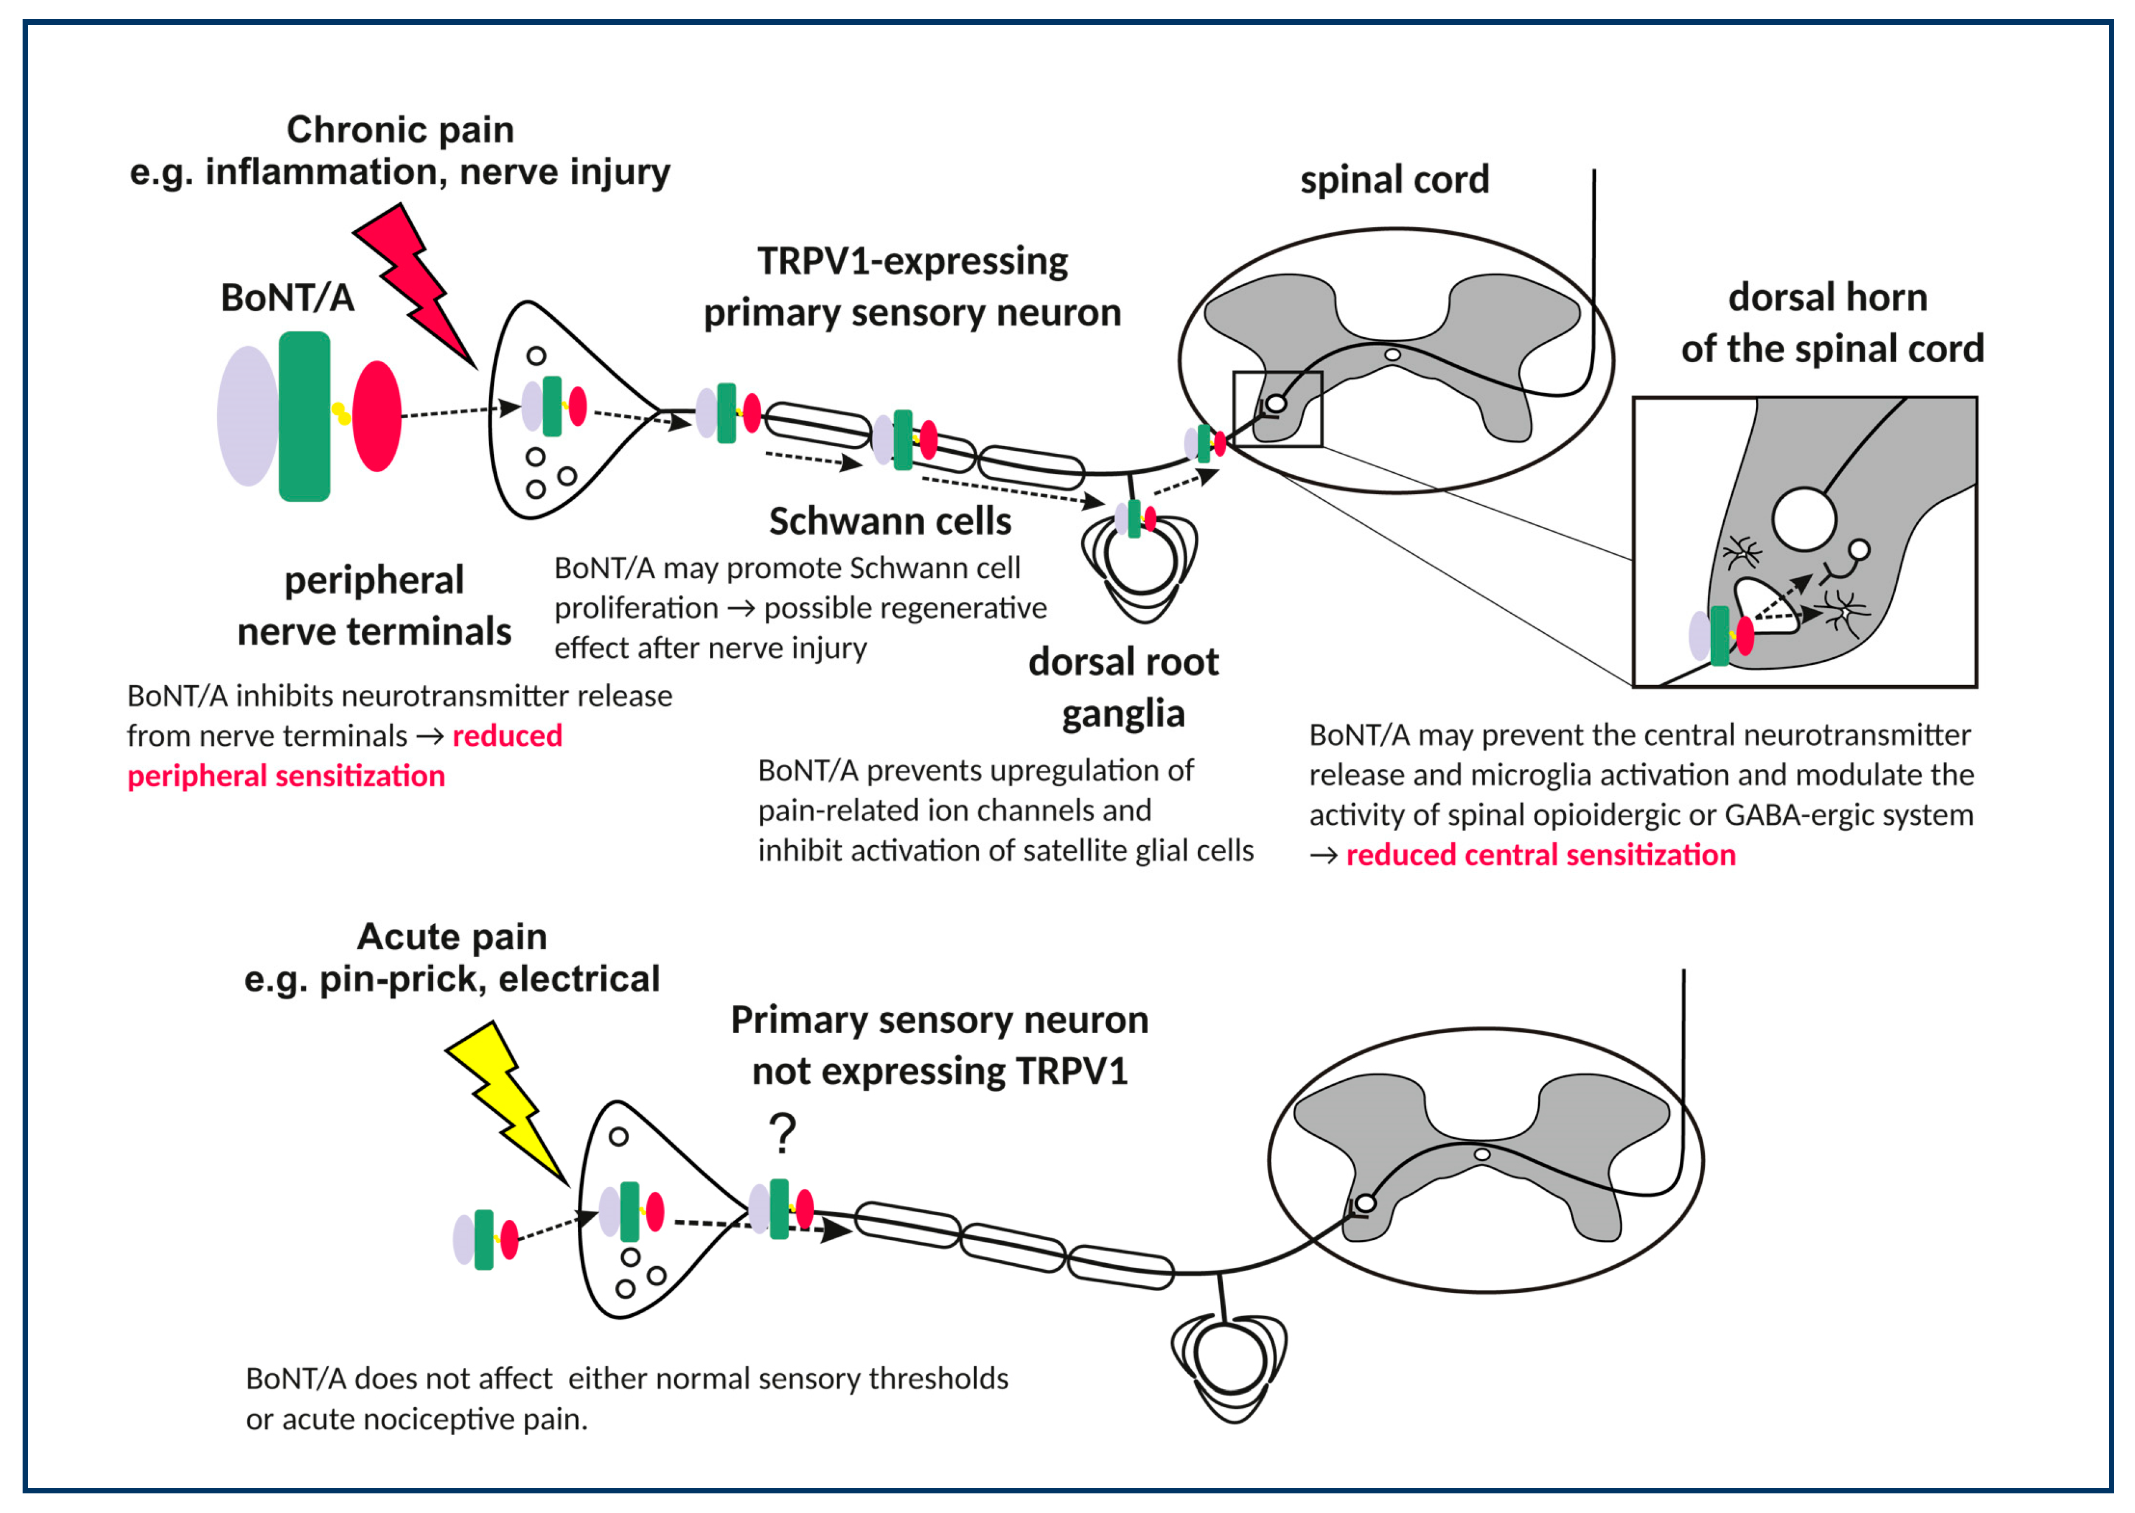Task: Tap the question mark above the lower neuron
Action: coord(782,1133)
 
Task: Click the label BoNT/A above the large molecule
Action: coord(287,298)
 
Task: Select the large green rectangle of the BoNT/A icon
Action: coord(304,416)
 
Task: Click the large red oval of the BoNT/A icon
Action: coord(377,416)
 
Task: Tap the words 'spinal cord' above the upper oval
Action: coord(1394,180)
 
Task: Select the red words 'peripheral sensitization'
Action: coord(286,776)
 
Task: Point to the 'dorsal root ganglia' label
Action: coord(1123,688)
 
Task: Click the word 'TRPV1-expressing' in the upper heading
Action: coord(912,262)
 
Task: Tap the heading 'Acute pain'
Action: coord(452,936)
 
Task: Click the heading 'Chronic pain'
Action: coord(400,130)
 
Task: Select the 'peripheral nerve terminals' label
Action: coord(374,605)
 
